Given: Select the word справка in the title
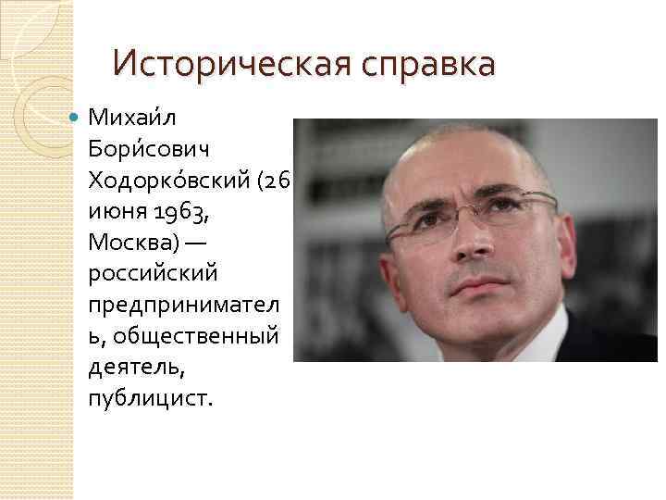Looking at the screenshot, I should tap(416, 66).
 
